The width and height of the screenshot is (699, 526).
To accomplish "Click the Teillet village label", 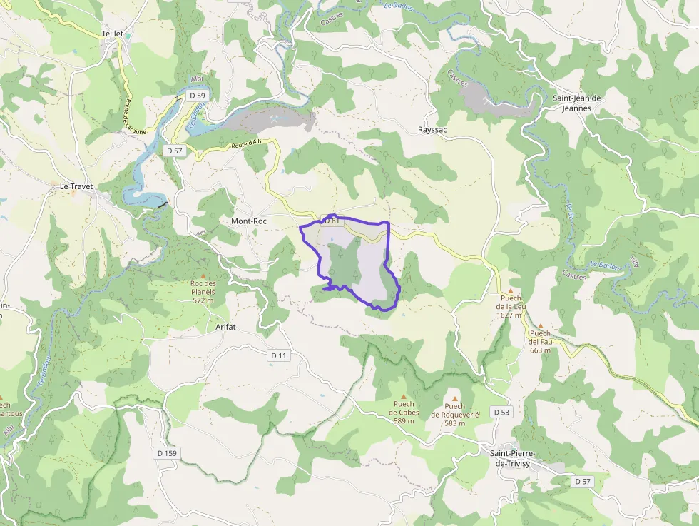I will [x=113, y=33].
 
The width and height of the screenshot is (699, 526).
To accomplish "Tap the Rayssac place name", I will [x=432, y=130].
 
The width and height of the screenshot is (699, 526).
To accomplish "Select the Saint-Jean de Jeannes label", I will [x=576, y=103].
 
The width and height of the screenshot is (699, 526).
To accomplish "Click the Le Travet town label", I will [x=76, y=186].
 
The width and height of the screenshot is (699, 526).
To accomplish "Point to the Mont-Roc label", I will [x=249, y=221].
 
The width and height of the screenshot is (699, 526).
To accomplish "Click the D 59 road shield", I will [x=197, y=95].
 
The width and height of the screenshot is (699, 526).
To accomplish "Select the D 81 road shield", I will [x=330, y=221].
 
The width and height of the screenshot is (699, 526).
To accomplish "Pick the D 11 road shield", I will [x=279, y=355].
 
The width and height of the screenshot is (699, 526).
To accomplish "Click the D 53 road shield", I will [x=501, y=412].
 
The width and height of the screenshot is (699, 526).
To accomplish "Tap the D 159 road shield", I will [x=166, y=453].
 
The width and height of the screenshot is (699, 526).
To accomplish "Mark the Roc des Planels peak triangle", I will [x=203, y=275].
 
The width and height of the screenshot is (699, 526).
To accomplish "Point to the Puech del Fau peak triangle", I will [x=540, y=325].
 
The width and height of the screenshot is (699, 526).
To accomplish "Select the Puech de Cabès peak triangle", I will [x=404, y=396].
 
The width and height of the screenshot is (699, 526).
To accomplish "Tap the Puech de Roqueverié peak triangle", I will [x=454, y=398].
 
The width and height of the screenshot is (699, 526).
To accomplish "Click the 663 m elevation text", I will [x=540, y=350].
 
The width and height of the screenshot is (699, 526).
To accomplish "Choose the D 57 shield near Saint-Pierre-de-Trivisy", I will [x=583, y=482].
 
